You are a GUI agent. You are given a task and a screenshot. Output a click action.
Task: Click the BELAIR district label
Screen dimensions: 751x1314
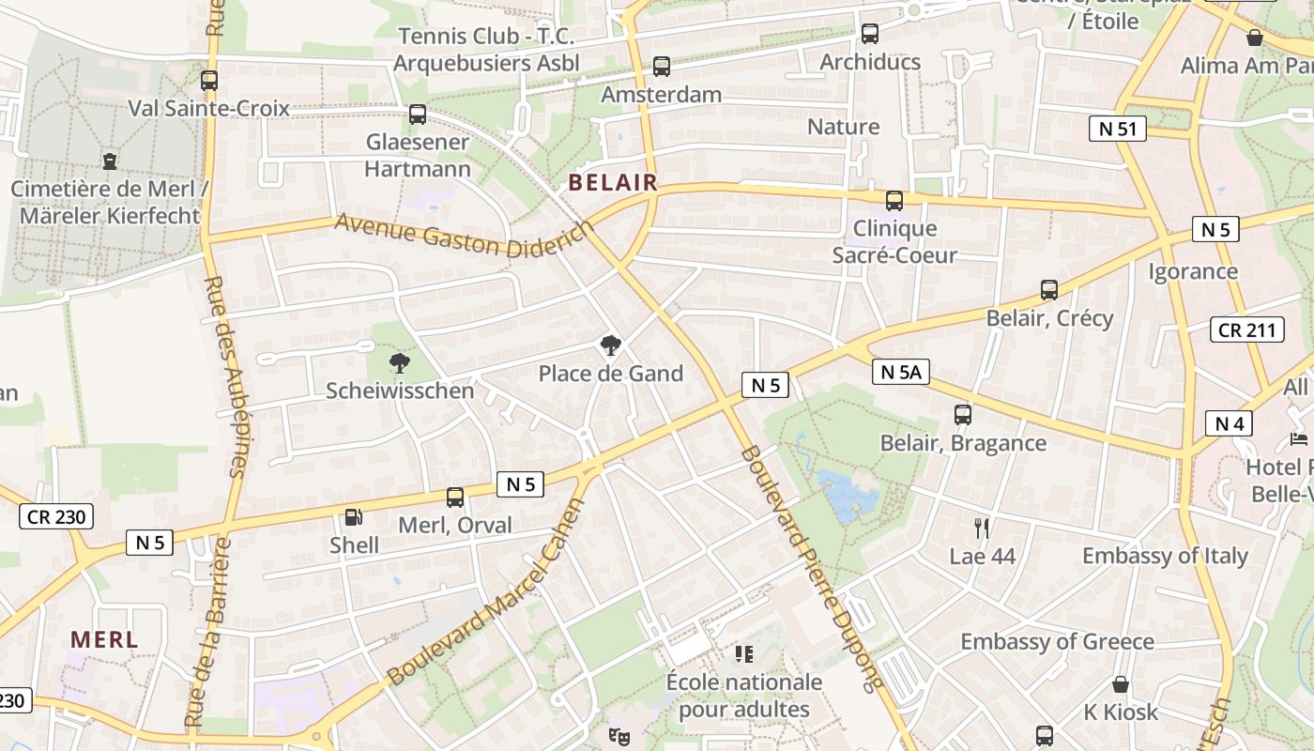tap(613, 182)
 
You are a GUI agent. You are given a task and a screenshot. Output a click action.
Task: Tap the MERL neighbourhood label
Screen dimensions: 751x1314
tap(104, 640)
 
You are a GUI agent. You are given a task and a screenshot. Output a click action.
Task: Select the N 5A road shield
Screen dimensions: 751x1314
tap(900, 373)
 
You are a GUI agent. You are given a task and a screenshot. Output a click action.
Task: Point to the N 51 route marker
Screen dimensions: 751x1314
tap(1117, 129)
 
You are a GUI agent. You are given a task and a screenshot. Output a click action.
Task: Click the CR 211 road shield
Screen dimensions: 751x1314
tap(1246, 330)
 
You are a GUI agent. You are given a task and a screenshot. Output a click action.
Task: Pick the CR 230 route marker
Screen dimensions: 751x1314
tap(56, 516)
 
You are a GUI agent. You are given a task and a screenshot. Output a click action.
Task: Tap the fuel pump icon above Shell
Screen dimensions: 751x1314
tap(354, 516)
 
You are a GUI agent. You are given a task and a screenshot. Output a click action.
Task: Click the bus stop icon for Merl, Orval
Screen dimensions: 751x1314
tap(455, 498)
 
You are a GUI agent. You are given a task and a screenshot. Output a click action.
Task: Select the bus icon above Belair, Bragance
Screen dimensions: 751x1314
tap(962, 414)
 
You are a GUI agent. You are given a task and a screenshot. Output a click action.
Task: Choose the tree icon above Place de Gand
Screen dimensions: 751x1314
tap(611, 345)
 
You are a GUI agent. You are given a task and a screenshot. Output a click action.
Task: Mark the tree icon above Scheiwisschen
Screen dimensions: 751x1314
tap(400, 362)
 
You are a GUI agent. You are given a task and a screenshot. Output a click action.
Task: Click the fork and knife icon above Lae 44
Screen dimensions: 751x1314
tap(982, 528)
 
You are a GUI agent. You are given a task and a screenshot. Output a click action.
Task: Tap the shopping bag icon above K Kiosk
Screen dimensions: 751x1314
tap(1120, 683)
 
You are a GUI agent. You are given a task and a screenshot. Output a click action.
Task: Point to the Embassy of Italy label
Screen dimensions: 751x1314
tap(1165, 556)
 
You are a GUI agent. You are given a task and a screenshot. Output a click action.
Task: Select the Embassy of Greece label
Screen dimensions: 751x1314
tap(1057, 642)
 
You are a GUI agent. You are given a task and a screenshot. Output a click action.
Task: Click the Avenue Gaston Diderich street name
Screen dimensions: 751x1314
tap(464, 236)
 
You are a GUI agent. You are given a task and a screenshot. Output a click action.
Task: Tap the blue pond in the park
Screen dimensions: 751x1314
tap(847, 496)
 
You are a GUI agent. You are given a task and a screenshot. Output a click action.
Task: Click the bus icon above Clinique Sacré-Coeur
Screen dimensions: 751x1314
tap(894, 200)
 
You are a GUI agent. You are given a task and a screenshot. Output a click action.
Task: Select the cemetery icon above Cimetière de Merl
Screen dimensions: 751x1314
tap(110, 161)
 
